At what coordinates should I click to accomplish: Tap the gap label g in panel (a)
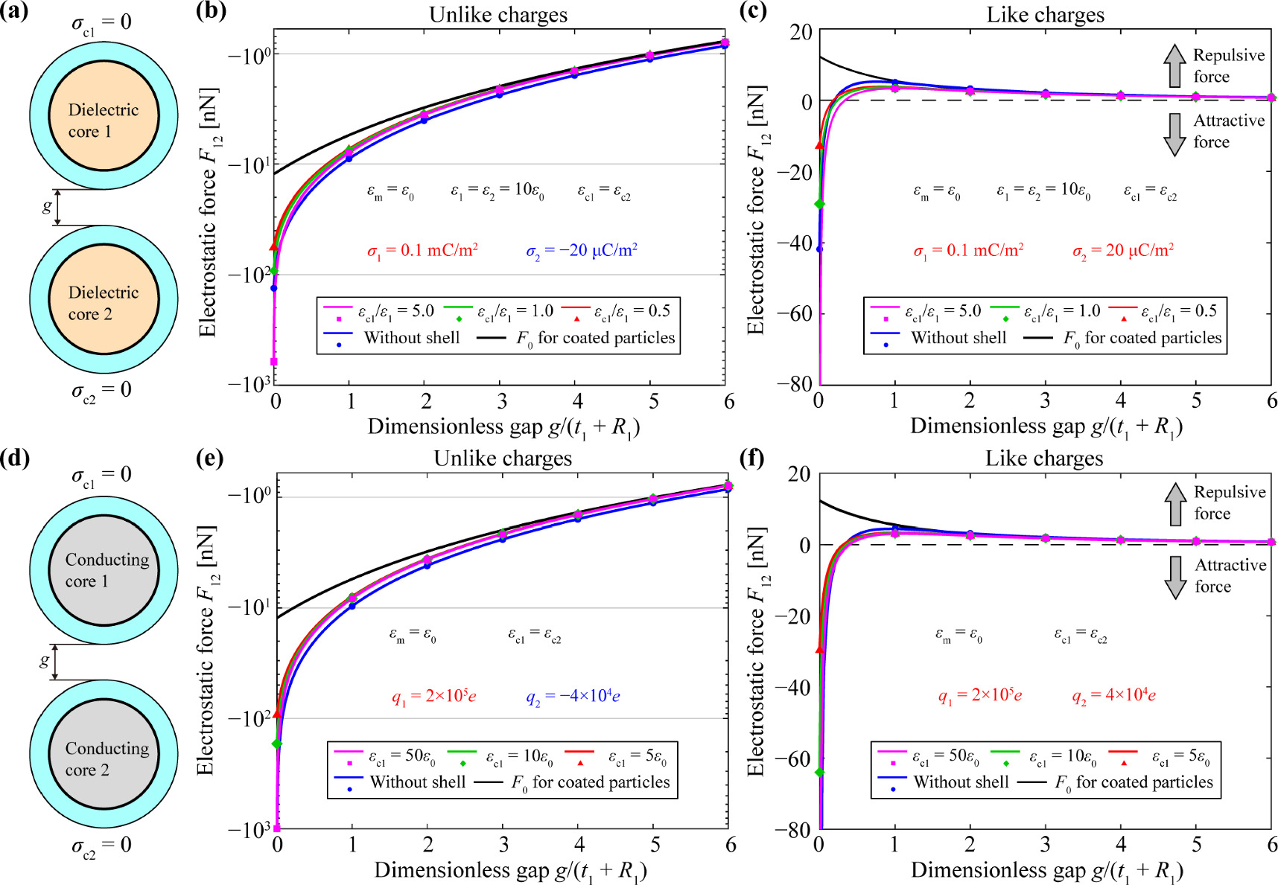(48, 206)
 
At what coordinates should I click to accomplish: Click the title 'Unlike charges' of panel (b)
(498, 14)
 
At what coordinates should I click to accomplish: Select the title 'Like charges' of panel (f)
(1044, 459)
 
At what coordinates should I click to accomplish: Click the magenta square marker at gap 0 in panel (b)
(274, 362)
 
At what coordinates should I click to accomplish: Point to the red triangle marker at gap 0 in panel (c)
(820, 145)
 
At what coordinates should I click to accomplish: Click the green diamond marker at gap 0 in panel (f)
(820, 773)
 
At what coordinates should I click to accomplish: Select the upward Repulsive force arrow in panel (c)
(1174, 65)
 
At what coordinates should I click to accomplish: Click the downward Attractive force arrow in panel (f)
(1175, 577)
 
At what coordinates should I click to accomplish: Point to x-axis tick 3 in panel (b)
(502, 402)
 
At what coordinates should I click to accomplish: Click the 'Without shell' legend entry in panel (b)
(411, 338)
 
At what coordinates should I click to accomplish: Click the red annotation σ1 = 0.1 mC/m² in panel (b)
(422, 251)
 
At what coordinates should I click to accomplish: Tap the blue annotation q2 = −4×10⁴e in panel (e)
(573, 697)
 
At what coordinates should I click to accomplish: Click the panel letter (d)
(15, 459)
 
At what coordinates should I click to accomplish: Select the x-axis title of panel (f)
(1046, 870)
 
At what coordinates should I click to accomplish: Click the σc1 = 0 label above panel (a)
(101, 23)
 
